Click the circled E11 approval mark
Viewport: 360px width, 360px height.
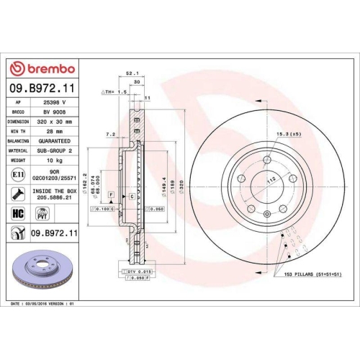click(x=17, y=174)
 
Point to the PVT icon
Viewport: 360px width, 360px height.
click(x=41, y=214)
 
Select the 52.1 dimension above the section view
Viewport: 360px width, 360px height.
click(x=131, y=73)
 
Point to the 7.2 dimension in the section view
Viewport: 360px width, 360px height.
click(x=109, y=135)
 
